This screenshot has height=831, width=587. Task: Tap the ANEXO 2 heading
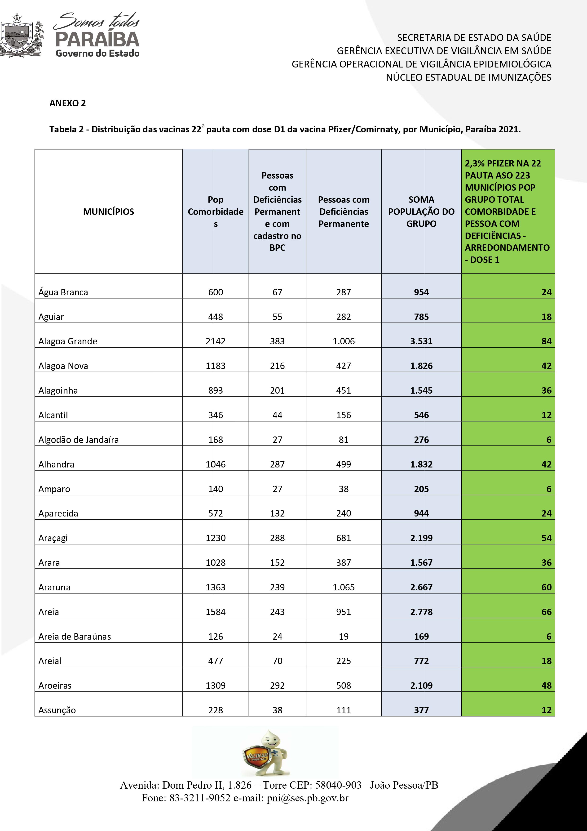pos(68,103)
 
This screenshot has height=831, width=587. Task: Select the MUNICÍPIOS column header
pos(109,212)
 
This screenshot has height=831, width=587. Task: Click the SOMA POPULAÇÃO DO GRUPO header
pos(421,212)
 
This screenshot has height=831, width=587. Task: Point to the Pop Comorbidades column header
pos(216,212)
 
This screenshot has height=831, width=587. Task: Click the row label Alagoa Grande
pos(68,341)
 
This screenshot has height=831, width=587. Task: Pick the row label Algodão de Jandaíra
pos(79,440)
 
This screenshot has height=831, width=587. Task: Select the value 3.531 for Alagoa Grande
pos(421,341)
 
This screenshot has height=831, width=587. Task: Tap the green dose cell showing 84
pos(546,341)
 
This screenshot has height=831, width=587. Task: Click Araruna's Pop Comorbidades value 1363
pos(216,587)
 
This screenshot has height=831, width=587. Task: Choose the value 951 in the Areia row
pos(344,612)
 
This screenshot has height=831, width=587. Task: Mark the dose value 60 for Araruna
pos(546,587)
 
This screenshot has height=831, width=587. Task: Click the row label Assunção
pos(57,710)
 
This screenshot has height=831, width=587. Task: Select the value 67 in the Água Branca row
pos(277,292)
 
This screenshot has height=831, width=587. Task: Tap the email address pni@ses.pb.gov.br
pos(307,798)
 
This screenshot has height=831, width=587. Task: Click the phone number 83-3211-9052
pos(200,798)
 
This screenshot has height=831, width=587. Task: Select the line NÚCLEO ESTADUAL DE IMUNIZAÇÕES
pos(468,77)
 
